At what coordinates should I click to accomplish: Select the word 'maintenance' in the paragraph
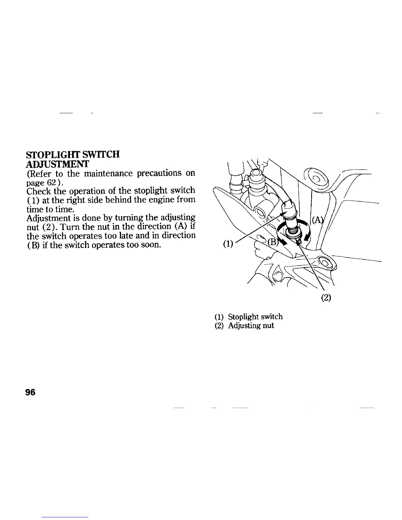(108, 173)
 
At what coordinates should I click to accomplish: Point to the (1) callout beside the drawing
(227, 244)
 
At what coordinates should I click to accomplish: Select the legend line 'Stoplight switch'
(255, 316)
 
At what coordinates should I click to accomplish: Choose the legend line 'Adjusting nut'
(251, 326)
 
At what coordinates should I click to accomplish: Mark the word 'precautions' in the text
(162, 173)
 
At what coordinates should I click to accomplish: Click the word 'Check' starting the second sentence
(38, 191)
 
